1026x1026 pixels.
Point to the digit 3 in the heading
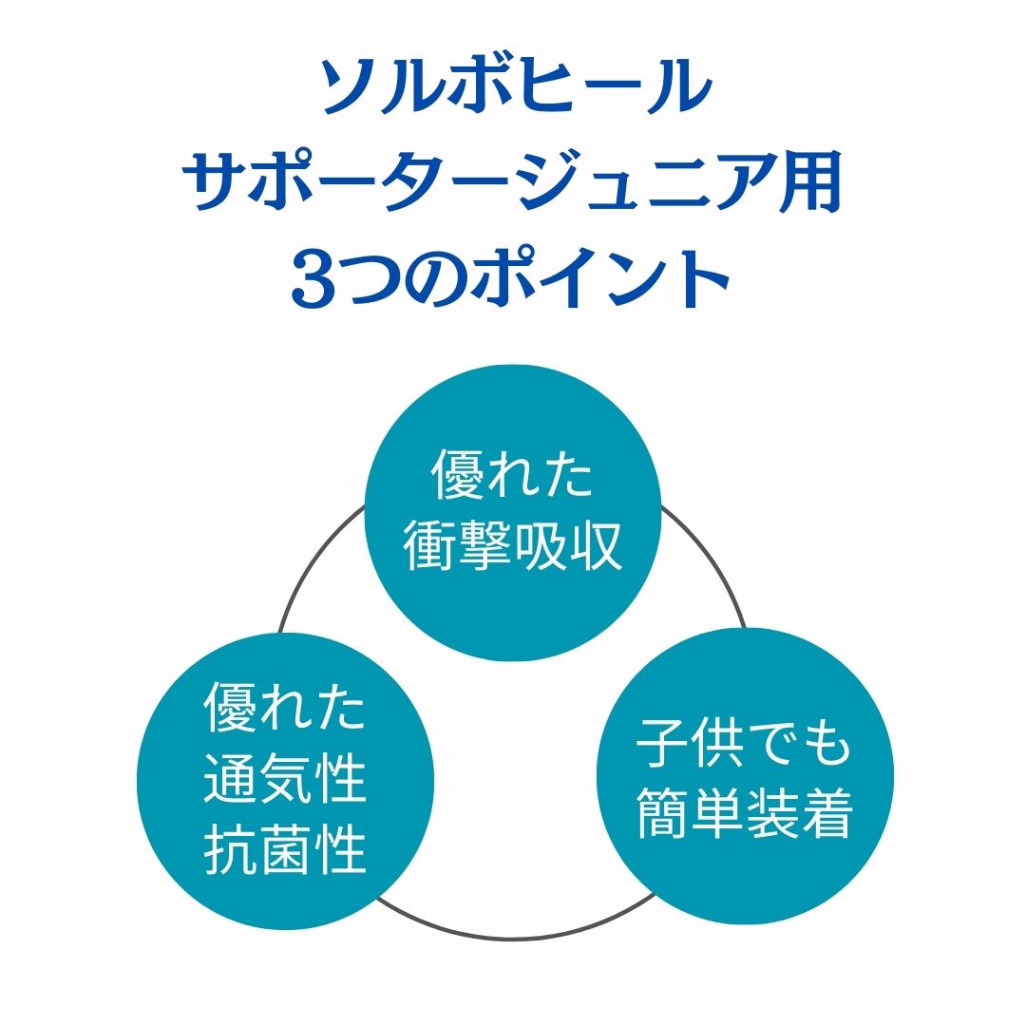point(314,278)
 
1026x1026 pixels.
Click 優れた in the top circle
point(513,475)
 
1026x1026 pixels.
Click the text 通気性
point(285,781)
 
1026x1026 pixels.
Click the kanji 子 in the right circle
point(662,744)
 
